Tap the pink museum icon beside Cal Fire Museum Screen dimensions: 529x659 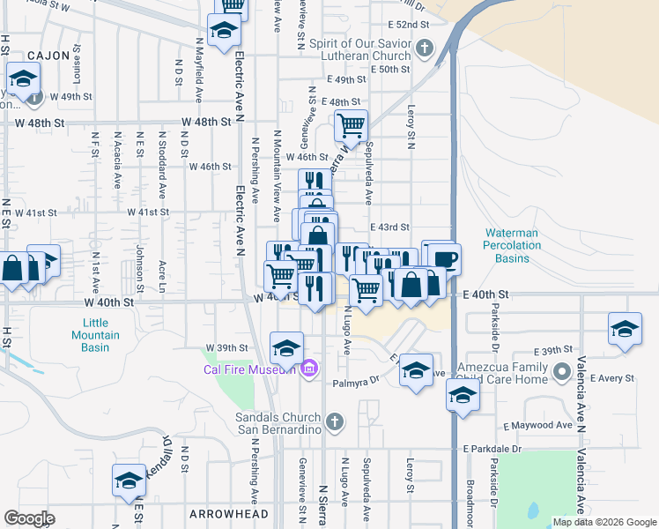click(308, 368)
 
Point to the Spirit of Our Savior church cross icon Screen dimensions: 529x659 click(424, 48)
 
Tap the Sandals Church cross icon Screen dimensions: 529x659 click(333, 423)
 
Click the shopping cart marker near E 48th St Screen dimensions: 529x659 click(351, 125)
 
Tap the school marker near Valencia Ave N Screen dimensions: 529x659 click(625, 330)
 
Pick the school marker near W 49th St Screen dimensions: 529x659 click(21, 79)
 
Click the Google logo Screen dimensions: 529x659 click(29, 518)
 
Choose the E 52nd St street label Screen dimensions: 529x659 click(414, 25)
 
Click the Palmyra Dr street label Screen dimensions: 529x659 click(355, 382)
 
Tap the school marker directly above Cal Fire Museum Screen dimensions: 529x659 click(286, 348)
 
